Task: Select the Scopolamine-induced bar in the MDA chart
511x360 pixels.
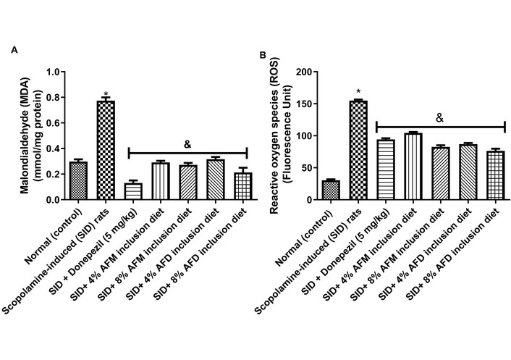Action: tap(106, 150)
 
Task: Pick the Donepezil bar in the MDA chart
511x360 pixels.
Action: tap(132, 191)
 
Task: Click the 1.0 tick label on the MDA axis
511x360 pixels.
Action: tap(54, 72)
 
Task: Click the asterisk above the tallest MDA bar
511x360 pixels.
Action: tap(106, 94)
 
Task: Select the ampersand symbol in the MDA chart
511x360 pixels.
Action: tap(188, 144)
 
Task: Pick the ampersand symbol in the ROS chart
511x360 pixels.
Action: tap(439, 117)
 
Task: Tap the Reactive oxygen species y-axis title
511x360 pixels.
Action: tap(274, 135)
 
